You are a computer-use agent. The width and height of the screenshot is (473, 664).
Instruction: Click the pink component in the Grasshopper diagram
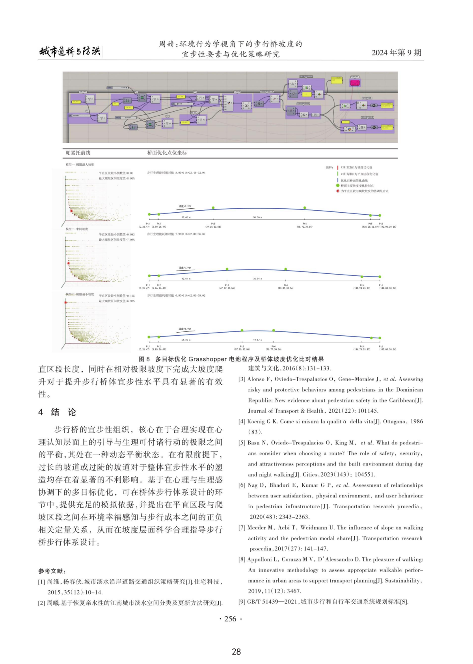(x=355, y=82)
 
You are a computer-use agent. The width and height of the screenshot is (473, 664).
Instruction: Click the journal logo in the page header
(x=70, y=51)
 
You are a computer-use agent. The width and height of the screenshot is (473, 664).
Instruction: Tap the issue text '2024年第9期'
(x=396, y=52)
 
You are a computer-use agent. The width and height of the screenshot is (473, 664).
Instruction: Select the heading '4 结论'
(x=57, y=412)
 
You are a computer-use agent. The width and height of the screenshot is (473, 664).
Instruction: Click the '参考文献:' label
(x=52, y=571)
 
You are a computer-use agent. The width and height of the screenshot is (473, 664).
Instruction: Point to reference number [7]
(x=242, y=527)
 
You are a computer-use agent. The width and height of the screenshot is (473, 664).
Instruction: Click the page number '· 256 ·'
(x=230, y=619)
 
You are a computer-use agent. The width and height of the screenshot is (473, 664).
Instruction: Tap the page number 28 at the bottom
(x=236, y=652)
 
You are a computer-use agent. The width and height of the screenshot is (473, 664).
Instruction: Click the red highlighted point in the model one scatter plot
(x=71, y=211)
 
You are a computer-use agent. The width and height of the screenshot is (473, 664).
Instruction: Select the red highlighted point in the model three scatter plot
(x=66, y=302)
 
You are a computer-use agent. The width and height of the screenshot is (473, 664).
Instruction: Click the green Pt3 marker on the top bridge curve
(x=213, y=208)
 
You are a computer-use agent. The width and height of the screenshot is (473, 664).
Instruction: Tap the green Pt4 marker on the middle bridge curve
(x=286, y=269)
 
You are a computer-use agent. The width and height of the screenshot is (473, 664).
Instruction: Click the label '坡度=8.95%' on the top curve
(x=185, y=206)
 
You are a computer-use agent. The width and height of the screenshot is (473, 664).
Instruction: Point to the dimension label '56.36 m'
(x=257, y=217)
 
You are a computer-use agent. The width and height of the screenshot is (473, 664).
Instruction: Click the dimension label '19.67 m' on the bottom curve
(x=257, y=340)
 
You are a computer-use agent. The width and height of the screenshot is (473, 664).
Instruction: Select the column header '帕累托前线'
(x=78, y=153)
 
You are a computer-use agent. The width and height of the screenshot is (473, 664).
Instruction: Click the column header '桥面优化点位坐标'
(x=167, y=153)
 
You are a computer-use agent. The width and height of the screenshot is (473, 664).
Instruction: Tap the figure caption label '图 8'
(x=144, y=359)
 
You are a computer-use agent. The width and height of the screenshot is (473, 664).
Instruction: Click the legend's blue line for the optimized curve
(x=337, y=180)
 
